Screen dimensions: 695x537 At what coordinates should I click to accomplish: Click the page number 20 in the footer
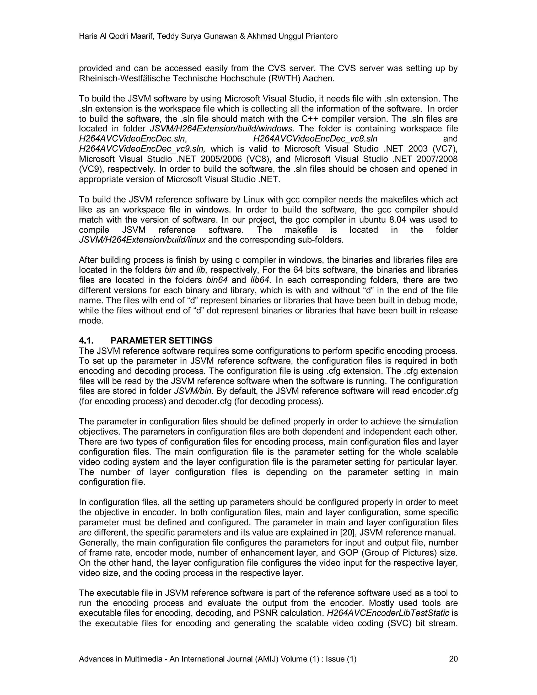point(453,659)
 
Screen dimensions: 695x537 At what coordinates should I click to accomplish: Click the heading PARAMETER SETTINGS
point(161,340)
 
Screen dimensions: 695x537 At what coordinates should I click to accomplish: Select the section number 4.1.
point(86,340)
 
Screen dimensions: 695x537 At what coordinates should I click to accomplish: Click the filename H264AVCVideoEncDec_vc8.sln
point(315,139)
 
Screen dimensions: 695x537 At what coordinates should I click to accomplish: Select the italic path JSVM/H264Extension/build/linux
point(142,240)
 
